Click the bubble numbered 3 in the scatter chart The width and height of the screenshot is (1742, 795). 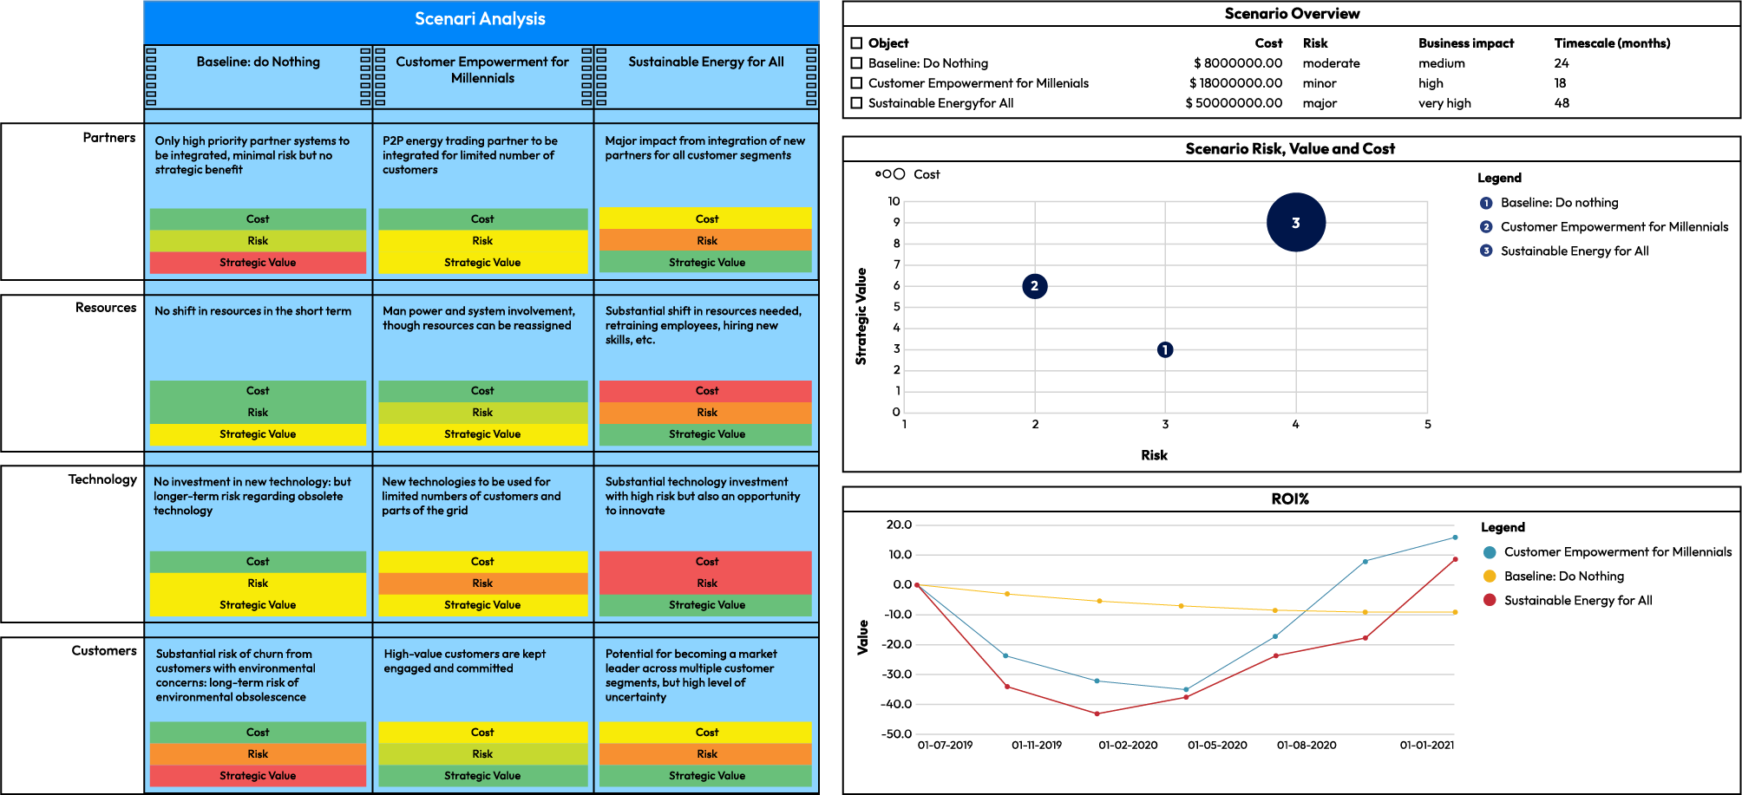(1295, 223)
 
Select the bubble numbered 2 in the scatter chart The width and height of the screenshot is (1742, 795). (1034, 286)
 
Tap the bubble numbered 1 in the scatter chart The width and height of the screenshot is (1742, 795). (1165, 349)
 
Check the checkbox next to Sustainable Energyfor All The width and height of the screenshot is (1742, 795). (856, 103)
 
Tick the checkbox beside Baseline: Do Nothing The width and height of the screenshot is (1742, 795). (856, 63)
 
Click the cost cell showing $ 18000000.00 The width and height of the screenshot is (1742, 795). (1235, 83)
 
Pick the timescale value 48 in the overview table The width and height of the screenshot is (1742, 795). (1562, 103)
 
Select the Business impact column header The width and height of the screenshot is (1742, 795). (1465, 43)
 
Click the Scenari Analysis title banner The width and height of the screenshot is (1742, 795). (480, 19)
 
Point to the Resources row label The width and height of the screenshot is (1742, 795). (106, 308)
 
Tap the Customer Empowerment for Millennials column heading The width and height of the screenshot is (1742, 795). (482, 69)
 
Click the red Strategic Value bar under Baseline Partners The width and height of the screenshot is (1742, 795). (258, 263)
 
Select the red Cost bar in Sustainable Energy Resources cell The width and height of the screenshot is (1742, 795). (706, 391)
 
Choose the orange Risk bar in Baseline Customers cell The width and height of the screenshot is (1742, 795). (258, 754)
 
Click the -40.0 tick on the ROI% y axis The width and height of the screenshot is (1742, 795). (896, 704)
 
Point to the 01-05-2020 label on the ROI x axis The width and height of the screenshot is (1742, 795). (1217, 746)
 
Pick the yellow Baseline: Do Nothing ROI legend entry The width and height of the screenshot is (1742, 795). (1563, 577)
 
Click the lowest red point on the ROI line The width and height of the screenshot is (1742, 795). (1097, 714)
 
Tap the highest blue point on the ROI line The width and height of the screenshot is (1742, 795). (1455, 538)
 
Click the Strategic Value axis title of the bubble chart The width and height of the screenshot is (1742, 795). (861, 316)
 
